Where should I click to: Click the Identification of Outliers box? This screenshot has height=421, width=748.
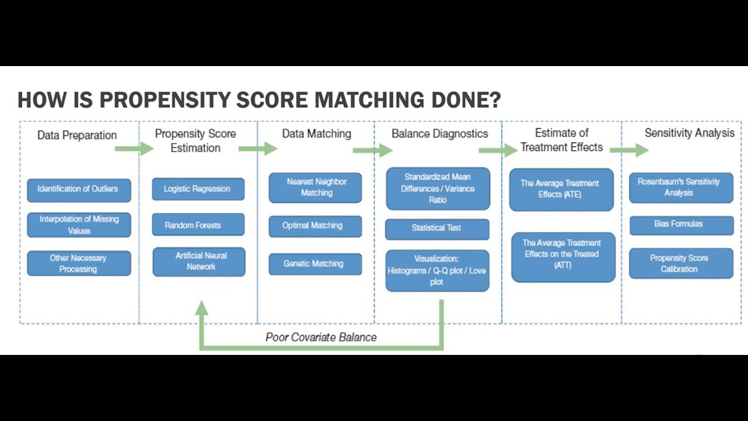(x=79, y=189)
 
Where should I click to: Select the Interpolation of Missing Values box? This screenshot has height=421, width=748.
(x=79, y=225)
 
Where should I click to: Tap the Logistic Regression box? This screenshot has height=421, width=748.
(x=198, y=189)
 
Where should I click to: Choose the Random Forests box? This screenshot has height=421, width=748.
(x=198, y=225)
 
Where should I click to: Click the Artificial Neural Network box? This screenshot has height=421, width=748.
(x=199, y=261)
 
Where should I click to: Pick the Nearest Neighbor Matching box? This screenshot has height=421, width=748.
(x=316, y=188)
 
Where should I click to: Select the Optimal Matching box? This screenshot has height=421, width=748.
(x=315, y=226)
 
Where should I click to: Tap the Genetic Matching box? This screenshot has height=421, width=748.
(x=315, y=264)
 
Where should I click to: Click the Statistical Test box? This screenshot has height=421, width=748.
(x=437, y=229)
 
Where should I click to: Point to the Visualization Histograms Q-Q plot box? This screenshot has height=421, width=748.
(x=437, y=270)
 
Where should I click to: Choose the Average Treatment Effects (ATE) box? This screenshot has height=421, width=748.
(x=561, y=189)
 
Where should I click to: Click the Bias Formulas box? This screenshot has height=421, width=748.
(x=681, y=225)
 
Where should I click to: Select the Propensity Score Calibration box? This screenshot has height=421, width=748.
(x=681, y=264)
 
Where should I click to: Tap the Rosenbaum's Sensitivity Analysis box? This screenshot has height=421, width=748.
(x=681, y=188)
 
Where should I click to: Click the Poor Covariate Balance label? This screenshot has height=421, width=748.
(x=321, y=337)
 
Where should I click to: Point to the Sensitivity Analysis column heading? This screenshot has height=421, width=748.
(x=690, y=133)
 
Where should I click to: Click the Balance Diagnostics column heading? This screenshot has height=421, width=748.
(x=439, y=134)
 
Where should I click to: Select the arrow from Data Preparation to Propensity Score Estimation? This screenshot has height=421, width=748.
(x=133, y=149)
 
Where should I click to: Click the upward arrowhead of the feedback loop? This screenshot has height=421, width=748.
(x=202, y=309)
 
